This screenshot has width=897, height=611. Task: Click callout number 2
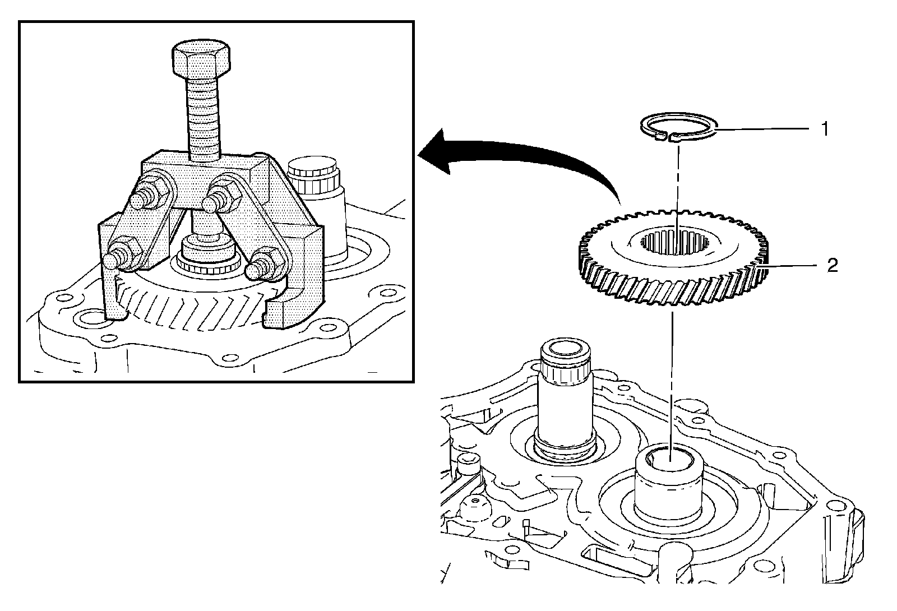pos(832,265)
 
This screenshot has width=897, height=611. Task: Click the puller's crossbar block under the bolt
pos(196,172)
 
